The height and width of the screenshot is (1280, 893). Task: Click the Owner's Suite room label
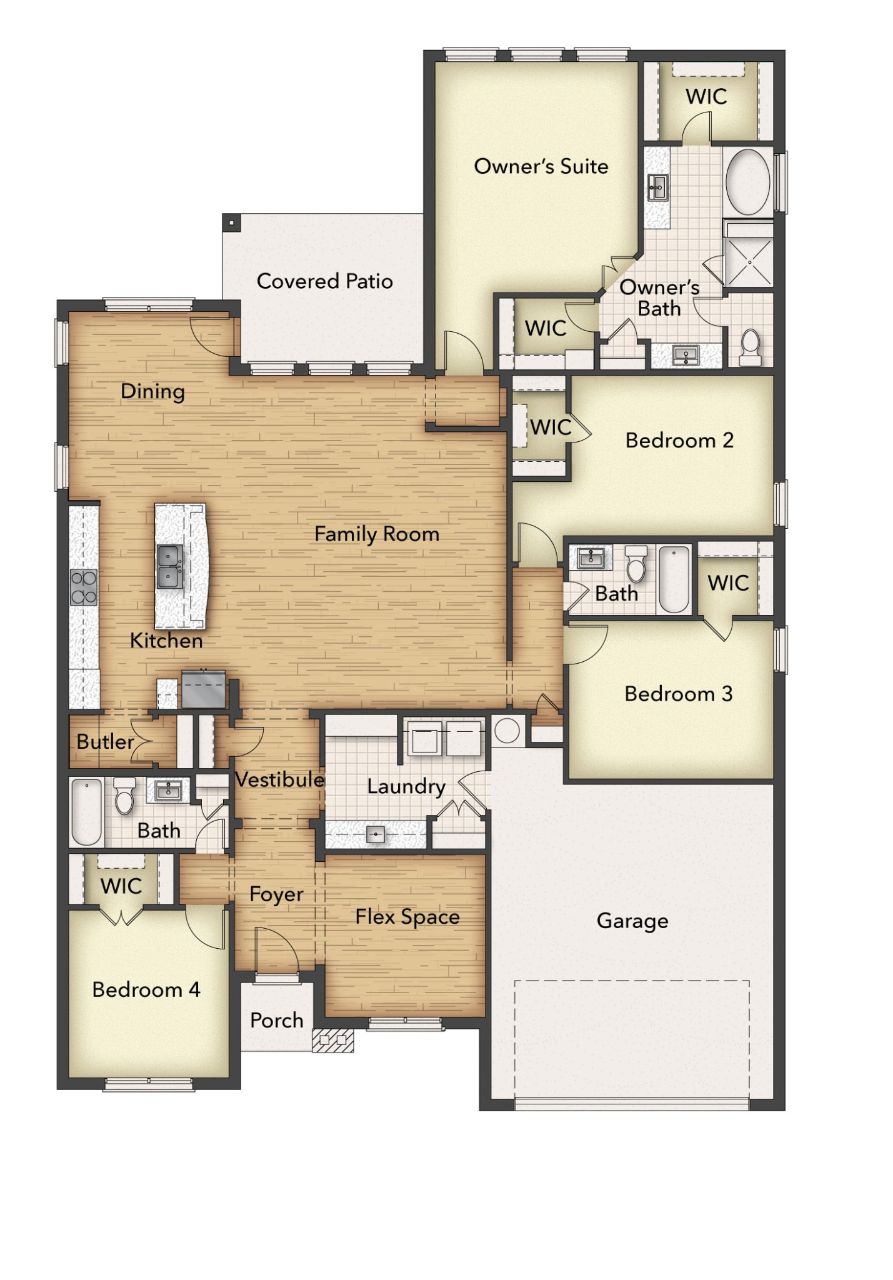[x=541, y=166]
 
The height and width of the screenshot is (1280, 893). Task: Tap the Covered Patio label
[x=325, y=281]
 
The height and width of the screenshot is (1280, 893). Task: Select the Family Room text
[x=377, y=534]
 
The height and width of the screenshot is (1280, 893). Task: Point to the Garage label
[x=632, y=921]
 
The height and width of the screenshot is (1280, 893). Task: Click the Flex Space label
[x=407, y=917]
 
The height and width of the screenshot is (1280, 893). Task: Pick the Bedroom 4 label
[x=146, y=989]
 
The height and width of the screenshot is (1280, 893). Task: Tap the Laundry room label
[x=406, y=786]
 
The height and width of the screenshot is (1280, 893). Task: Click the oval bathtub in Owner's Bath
[x=748, y=182]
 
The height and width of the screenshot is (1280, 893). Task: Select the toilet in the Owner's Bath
[x=750, y=347]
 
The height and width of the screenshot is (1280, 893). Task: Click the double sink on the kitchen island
[x=170, y=566]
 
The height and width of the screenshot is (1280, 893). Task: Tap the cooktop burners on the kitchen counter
[x=84, y=587]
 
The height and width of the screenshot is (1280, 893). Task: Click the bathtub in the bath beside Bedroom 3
[x=674, y=579]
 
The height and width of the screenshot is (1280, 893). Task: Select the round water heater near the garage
[x=506, y=731]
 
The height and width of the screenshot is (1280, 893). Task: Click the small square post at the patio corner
[x=231, y=222]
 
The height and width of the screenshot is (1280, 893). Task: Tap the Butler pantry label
[x=105, y=742]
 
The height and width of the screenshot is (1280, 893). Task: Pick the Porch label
[x=276, y=1020]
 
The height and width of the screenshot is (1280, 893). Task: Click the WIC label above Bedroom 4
[x=121, y=886]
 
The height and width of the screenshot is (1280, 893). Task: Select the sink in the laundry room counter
[x=375, y=834]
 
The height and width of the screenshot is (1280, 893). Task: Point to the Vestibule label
[x=279, y=779]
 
